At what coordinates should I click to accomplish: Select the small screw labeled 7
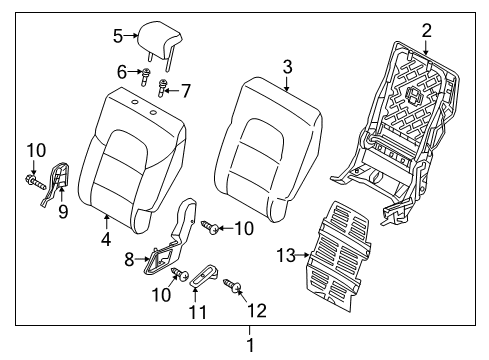pyautogui.click(x=163, y=92)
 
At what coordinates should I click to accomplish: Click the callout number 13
pyautogui.click(x=285, y=256)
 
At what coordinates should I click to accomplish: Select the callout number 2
pyautogui.click(x=426, y=30)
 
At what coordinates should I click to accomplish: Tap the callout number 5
pyautogui.click(x=118, y=36)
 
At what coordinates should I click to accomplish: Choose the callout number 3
pyautogui.click(x=287, y=68)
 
